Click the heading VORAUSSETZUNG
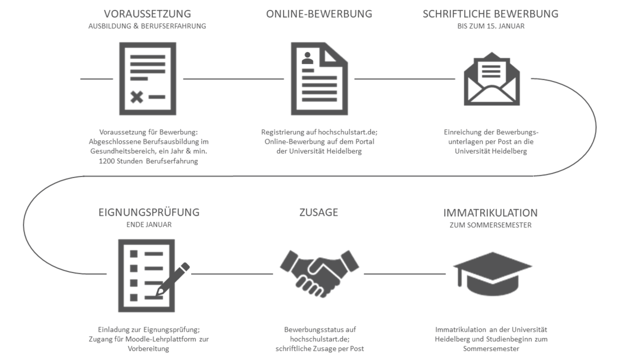point(147,14)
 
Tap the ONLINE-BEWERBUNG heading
point(319,14)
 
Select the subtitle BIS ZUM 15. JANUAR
point(490,26)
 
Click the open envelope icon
point(492,79)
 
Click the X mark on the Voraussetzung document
point(137,97)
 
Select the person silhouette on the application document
point(307,58)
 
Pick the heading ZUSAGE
point(319,213)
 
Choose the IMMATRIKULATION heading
point(490,213)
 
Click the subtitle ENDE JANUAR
point(149,225)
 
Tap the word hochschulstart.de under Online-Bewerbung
point(347,132)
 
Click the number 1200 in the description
point(106,161)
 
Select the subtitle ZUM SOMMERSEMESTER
point(490,225)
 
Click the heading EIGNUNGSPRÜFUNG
point(149,213)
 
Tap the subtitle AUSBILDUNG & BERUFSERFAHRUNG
point(147,26)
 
